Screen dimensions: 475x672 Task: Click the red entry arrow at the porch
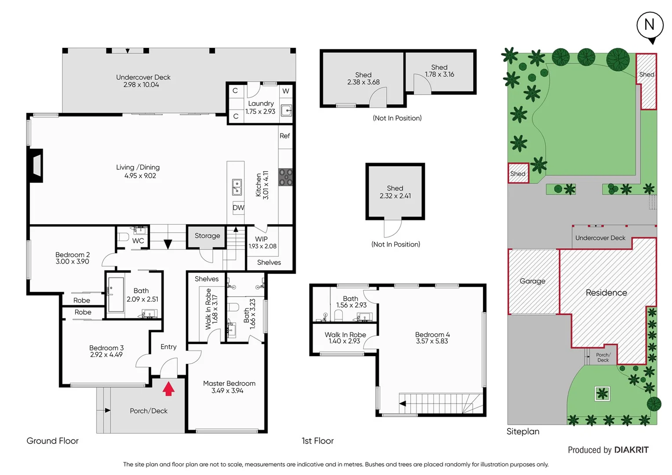(x=168, y=389)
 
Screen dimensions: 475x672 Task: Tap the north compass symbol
(x=650, y=26)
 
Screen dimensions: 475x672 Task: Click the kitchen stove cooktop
(x=285, y=177)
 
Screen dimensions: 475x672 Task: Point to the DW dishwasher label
(x=238, y=208)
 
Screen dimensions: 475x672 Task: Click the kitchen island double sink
(x=237, y=187)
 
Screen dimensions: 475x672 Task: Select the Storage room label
(x=207, y=236)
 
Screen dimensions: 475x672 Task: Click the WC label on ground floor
(x=138, y=241)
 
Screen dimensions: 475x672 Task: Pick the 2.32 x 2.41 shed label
(x=395, y=192)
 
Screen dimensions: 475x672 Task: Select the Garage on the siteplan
(x=532, y=281)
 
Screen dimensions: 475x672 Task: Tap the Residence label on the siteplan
(x=606, y=292)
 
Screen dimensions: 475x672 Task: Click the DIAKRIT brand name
(x=631, y=449)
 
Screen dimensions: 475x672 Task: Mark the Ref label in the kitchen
(x=285, y=136)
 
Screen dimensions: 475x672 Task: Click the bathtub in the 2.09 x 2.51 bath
(x=116, y=294)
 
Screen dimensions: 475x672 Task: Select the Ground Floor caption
(x=52, y=441)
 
